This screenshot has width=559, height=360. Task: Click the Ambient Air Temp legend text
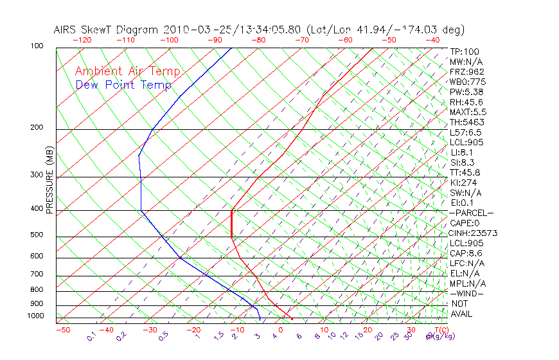click(x=127, y=71)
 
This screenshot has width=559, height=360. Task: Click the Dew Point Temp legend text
click(x=123, y=85)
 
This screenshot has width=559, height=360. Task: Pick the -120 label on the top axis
click(x=82, y=40)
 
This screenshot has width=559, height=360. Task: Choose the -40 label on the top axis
click(x=432, y=40)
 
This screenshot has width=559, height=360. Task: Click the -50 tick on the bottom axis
click(x=62, y=330)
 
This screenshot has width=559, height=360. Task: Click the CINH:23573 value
click(x=474, y=233)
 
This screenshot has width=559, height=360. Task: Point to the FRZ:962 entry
click(x=467, y=72)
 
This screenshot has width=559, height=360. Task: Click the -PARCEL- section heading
click(x=471, y=213)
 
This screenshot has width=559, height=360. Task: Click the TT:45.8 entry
click(x=466, y=172)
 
